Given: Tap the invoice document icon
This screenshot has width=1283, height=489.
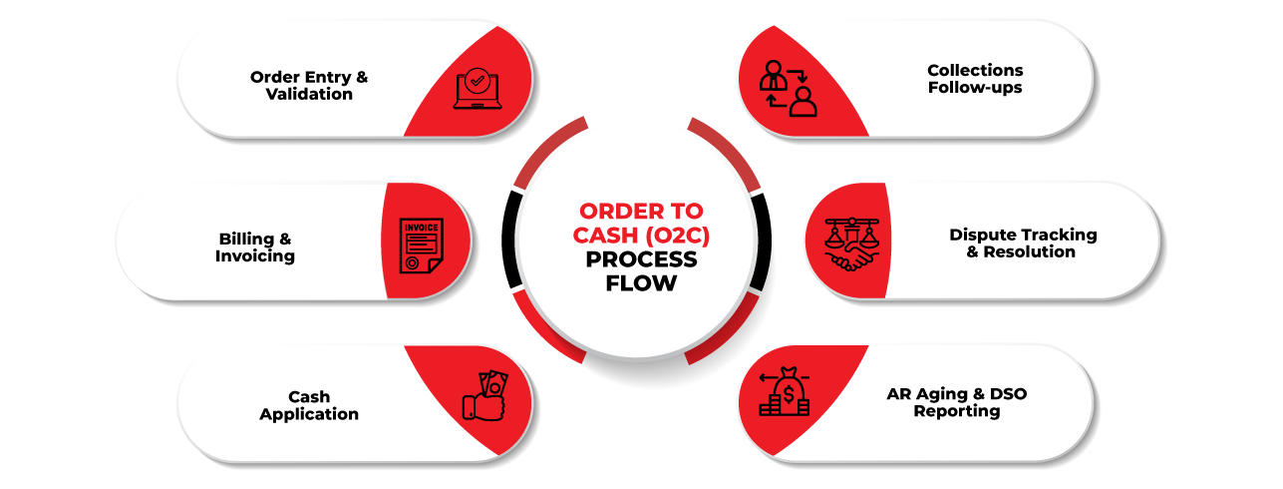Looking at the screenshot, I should tap(419, 244).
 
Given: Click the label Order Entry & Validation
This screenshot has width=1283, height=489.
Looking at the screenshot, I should tap(309, 86).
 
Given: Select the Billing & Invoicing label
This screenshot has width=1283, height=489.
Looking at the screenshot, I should tap(255, 247).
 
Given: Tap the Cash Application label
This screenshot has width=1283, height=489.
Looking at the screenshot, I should tap(309, 405).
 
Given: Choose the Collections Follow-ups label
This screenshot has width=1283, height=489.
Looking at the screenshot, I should tap(975, 79).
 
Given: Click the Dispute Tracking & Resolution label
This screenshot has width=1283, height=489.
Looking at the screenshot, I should tap(1023, 244).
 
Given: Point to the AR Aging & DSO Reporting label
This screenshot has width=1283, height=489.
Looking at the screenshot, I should tap(956, 402).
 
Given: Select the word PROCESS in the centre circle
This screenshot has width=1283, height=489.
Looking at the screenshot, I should tap(641, 259).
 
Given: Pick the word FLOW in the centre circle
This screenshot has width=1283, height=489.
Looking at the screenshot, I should tap(641, 283).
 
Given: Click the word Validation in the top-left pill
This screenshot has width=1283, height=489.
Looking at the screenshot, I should tap(309, 95).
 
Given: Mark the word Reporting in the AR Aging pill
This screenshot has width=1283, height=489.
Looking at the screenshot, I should tap(956, 411).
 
